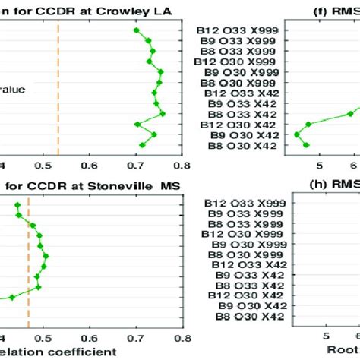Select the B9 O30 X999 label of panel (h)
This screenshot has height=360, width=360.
[249, 246]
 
